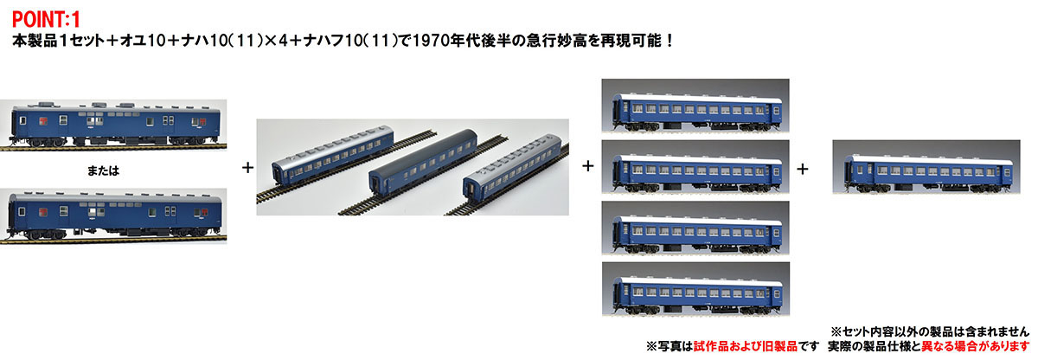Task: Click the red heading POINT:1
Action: pos(46,19)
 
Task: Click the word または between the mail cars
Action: pos(103,171)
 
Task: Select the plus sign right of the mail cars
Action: pos(248,167)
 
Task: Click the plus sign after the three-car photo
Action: pos(588,166)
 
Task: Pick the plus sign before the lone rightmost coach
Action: pos(803,169)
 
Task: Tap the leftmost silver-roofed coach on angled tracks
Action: pos(333,155)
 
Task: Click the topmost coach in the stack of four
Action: pos(697,112)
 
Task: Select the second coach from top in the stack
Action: pos(697,174)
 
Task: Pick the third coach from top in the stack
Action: pos(697,235)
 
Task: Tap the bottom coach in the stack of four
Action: pos(697,296)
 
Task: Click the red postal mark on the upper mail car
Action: pos(42,121)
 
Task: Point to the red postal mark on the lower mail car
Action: pos(43,212)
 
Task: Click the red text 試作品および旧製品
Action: pos(745,346)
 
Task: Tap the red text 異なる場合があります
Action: pos(975,346)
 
